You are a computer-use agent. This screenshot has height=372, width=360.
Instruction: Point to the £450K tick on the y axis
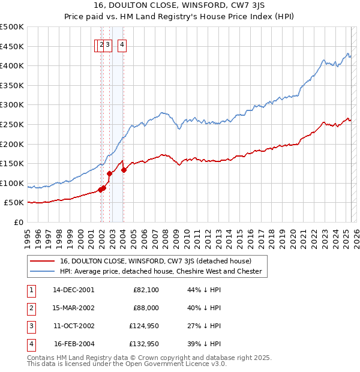click(x=13, y=46)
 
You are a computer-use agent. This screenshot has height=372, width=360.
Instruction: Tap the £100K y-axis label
click(x=13, y=183)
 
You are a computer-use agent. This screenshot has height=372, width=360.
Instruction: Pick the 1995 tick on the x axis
click(x=27, y=235)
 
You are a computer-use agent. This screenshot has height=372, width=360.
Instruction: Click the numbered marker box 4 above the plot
click(x=122, y=44)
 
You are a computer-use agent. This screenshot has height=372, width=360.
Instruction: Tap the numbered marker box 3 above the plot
click(x=108, y=44)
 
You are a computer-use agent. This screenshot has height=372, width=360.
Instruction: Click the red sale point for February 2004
click(x=124, y=170)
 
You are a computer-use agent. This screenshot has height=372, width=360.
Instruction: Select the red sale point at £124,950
click(x=109, y=173)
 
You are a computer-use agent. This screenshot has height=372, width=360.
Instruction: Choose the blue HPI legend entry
click(x=160, y=271)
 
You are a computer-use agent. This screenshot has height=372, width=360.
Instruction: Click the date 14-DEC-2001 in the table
click(x=73, y=290)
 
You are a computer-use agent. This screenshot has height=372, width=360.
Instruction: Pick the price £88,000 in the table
click(x=146, y=308)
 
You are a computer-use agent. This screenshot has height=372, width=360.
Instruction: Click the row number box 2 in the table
click(x=30, y=308)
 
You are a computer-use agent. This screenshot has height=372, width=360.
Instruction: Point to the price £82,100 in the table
click(x=146, y=290)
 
